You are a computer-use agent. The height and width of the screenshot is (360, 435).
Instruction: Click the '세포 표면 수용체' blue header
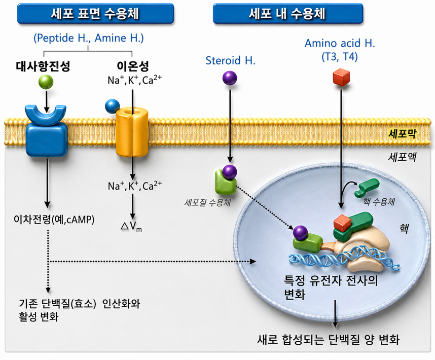pyautogui.click(x=95, y=14)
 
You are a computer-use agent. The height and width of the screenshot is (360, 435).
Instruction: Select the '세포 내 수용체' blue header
pyautogui.click(x=287, y=14)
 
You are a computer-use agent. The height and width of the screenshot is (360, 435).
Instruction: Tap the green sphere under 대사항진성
pyautogui.click(x=46, y=82)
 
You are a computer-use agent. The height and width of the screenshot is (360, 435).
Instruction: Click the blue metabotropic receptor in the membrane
pyautogui.click(x=47, y=130)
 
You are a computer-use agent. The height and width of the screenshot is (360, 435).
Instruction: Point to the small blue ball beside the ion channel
pyautogui.click(x=113, y=106)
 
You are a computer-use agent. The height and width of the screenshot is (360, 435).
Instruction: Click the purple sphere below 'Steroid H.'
pyautogui.click(x=230, y=78)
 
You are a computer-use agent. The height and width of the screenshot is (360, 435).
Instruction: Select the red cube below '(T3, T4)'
pyautogui.click(x=341, y=77)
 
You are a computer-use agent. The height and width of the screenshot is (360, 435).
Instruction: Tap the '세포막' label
pyautogui.click(x=402, y=134)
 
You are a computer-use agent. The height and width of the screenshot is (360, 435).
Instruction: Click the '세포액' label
pyautogui.click(x=402, y=157)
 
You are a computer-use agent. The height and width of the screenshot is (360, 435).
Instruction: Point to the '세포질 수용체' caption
pyautogui.click(x=207, y=202)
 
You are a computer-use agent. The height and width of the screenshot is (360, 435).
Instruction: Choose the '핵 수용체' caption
pyautogui.click(x=379, y=202)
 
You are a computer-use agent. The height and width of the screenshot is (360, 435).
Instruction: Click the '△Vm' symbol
pyautogui.click(x=131, y=226)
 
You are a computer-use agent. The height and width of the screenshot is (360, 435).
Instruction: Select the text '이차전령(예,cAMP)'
pyautogui.click(x=54, y=220)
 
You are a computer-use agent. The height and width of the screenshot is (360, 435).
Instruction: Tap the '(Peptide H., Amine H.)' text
pyautogui.click(x=89, y=38)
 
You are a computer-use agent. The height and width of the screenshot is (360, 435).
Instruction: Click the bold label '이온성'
pyautogui.click(x=133, y=66)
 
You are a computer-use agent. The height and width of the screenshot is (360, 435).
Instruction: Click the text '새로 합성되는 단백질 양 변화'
pyautogui.click(x=328, y=340)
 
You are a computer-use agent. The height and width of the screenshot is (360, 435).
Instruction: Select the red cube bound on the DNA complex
pyautogui.click(x=343, y=223)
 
